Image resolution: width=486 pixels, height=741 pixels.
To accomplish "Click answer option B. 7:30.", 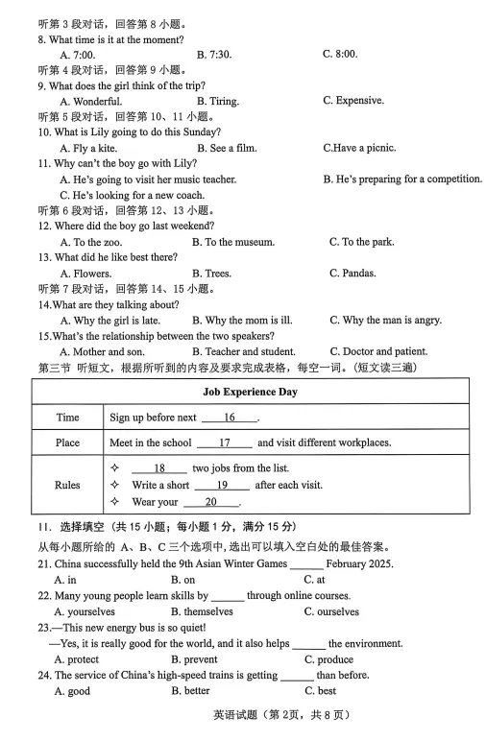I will (x=213, y=55).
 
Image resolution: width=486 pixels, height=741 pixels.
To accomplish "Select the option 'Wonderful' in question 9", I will (x=91, y=101).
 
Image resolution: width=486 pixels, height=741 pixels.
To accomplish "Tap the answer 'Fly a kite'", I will (x=90, y=148).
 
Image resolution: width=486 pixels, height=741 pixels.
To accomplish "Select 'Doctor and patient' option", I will (x=378, y=351).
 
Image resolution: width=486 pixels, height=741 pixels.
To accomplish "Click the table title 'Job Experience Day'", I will (x=250, y=392).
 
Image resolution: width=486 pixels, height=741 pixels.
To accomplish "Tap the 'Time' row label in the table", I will (x=67, y=418).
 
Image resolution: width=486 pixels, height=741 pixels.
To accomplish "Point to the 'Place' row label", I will (x=67, y=442).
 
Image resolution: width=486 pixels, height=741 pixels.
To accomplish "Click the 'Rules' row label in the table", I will (x=67, y=485).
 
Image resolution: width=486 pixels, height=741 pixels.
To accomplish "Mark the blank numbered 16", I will (x=230, y=418).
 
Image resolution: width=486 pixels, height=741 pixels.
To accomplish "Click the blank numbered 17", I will (x=225, y=442).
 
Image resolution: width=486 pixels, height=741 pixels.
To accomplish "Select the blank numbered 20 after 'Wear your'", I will (x=210, y=502).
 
